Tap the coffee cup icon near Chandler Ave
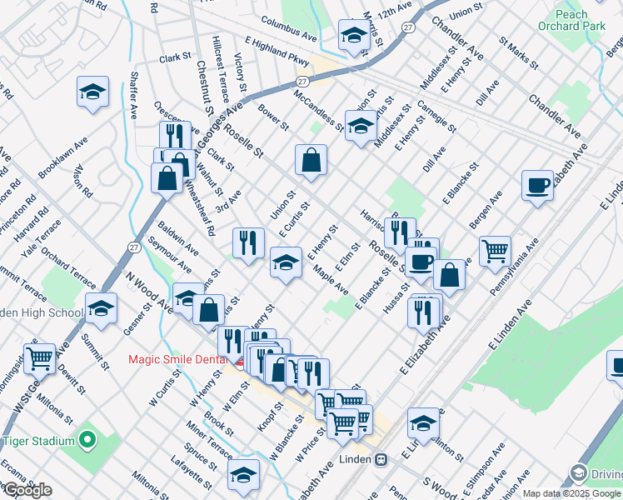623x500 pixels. click(537, 185)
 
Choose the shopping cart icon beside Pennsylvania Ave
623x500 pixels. click(495, 250)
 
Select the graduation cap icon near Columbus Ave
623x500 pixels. click(353, 37)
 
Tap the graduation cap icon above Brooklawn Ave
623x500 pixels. click(92, 92)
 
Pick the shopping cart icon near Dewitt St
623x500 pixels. click(39, 358)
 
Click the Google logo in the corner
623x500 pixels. click(27, 490)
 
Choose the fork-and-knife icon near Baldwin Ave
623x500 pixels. click(247, 242)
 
